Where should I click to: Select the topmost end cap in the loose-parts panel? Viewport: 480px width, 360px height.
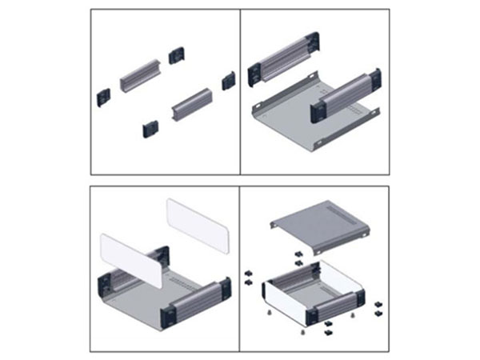coord(177,56)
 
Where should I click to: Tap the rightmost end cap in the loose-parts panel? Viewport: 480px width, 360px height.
coord(227,81)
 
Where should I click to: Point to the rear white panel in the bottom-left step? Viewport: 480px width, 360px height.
coord(196,224)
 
